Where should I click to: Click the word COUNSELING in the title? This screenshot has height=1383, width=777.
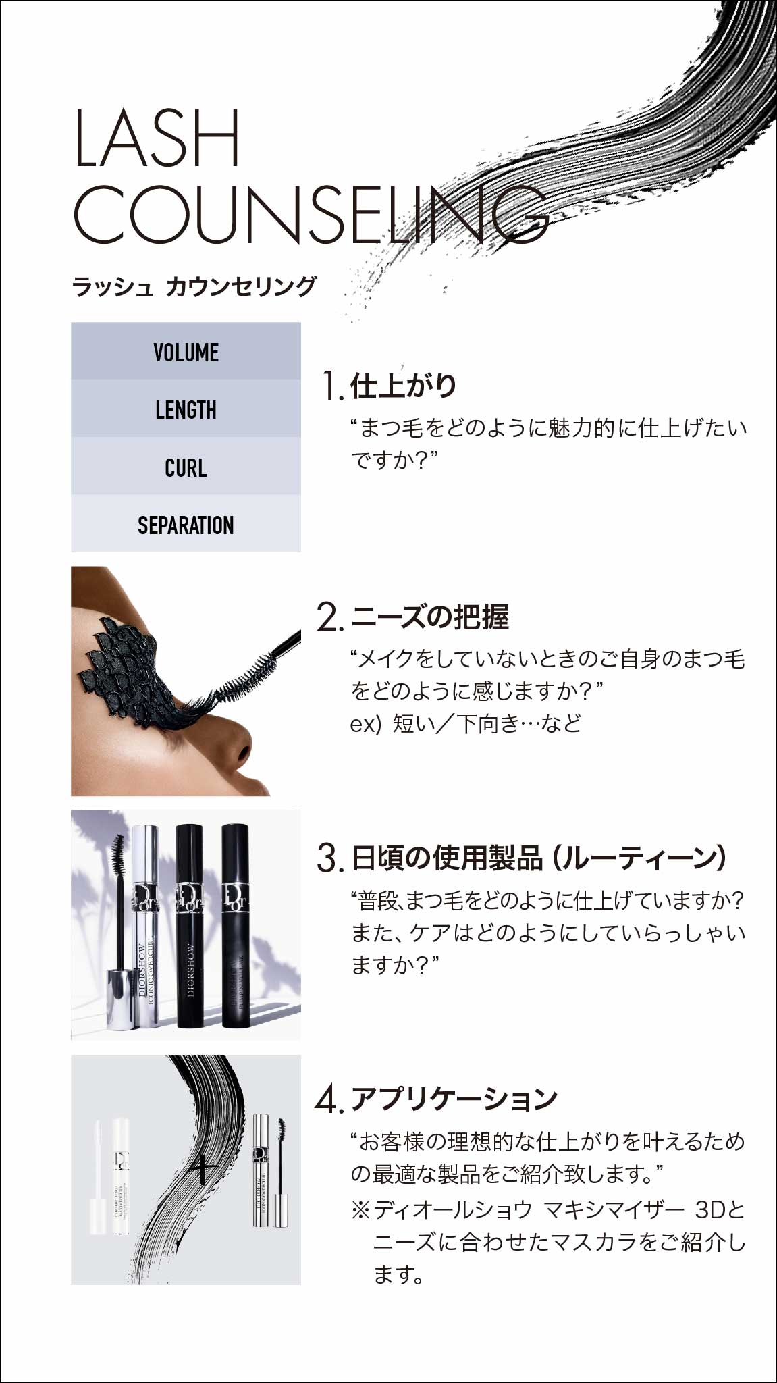coord(311,213)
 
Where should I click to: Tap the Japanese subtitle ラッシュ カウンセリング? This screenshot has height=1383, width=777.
coord(194,286)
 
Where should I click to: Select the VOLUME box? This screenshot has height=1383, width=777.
coord(186,351)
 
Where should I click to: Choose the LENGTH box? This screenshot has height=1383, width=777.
coord(186,409)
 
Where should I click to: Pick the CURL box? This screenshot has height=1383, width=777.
coord(186,467)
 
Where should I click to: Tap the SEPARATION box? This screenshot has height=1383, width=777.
coord(186,524)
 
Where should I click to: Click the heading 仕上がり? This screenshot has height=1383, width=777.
coord(404,386)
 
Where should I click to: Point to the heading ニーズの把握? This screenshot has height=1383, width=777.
coord(430,617)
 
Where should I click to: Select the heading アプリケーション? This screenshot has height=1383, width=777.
coord(454,1099)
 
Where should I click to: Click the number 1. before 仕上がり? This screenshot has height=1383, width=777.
coord(332,386)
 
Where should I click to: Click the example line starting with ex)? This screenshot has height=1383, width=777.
coord(465,724)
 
